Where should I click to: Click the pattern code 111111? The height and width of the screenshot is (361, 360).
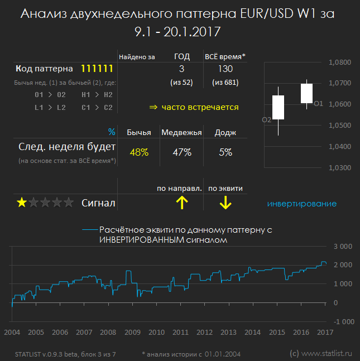[98, 69]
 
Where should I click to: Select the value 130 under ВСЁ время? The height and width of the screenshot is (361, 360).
[226, 69]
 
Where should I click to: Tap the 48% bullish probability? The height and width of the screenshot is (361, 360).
[139, 152]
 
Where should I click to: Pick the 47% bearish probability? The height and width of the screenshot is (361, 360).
[182, 152]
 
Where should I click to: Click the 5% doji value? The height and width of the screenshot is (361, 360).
[225, 152]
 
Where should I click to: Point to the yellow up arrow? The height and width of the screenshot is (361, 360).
[182, 203]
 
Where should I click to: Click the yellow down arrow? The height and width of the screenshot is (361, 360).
[225, 203]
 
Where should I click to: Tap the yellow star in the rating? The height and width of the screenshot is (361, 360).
[21, 203]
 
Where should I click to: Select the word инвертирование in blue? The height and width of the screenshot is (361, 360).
[302, 204]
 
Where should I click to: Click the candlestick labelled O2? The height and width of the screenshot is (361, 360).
[279, 108]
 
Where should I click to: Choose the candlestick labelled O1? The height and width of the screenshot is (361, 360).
[306, 94]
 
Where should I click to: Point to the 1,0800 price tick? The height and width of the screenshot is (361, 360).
[340, 62]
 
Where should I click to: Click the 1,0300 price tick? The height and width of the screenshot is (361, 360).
[340, 167]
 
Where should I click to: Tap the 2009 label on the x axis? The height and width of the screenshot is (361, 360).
[132, 333]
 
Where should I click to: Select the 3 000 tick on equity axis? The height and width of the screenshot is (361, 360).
[343, 246]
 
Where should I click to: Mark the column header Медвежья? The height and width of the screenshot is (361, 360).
[182, 132]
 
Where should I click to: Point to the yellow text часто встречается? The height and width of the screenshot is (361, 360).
[200, 107]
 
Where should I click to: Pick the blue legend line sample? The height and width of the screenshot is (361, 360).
[89, 229]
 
